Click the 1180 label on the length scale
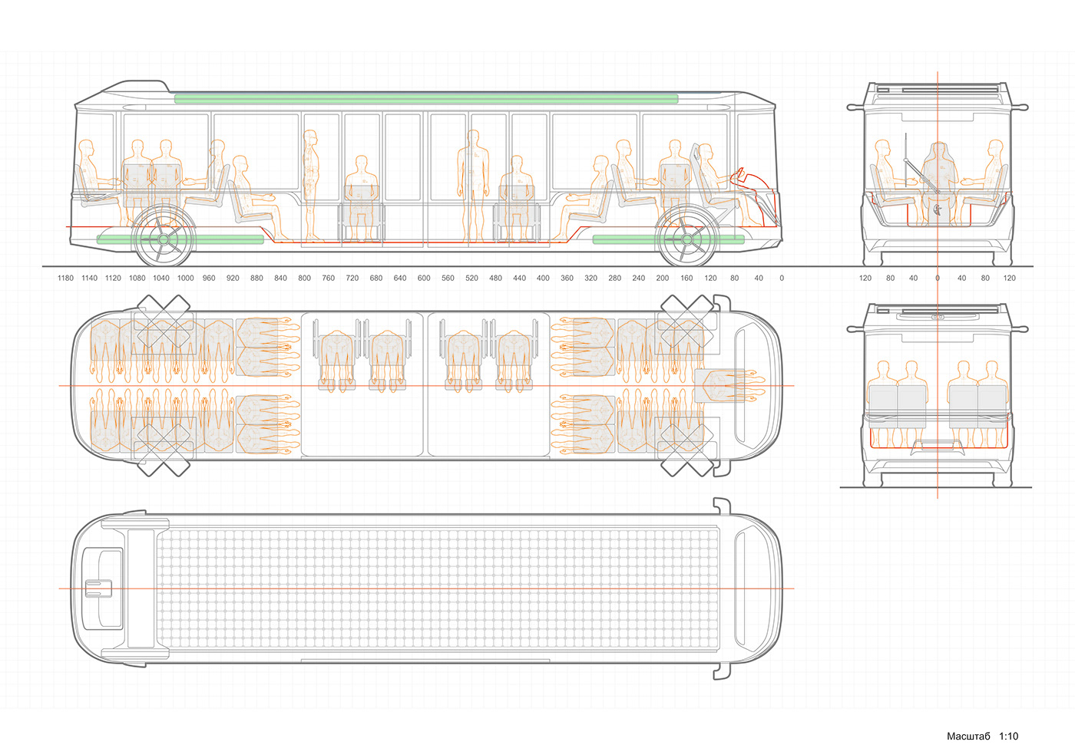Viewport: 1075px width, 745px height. [x=65, y=278]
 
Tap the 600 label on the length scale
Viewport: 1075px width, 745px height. [x=424, y=278]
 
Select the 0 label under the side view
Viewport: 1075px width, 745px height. [x=782, y=278]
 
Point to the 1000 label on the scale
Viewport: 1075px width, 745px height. [x=185, y=278]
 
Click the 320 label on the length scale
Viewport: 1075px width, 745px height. [x=590, y=278]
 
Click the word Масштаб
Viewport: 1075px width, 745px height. [x=968, y=736]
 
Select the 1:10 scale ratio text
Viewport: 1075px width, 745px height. [x=1008, y=736]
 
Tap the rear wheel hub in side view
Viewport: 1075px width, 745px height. [x=163, y=239]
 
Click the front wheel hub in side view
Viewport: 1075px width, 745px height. [x=686, y=239]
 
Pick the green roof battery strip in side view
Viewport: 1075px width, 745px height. [x=426, y=99]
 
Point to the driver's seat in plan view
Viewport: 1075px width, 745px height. [x=720, y=386]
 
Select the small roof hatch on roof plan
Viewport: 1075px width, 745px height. [x=98, y=588]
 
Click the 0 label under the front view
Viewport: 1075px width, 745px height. [x=938, y=278]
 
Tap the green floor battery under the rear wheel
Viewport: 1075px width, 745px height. [x=180, y=239]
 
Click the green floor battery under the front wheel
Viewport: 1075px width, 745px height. [x=669, y=239]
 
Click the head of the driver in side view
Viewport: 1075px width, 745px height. [x=706, y=151]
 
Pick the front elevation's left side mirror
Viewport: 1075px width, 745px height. [x=855, y=107]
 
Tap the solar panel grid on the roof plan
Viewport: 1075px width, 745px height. [x=438, y=588]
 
